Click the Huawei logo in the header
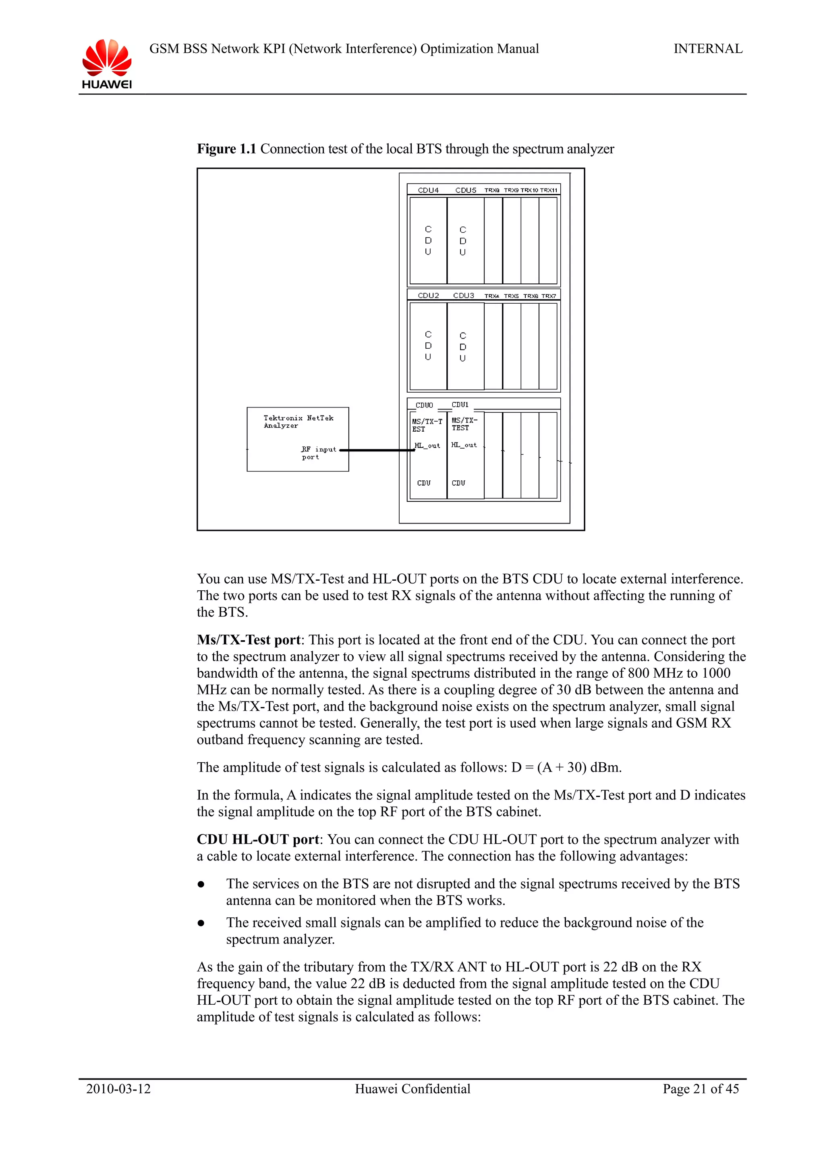tap(107, 64)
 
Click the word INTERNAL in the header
tap(708, 49)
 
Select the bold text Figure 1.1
tap(226, 149)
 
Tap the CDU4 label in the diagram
tap(428, 190)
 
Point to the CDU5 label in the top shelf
tap(466, 190)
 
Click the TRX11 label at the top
tap(549, 190)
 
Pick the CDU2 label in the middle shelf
tap(428, 295)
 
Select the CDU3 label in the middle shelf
tap(464, 295)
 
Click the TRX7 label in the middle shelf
tap(549, 296)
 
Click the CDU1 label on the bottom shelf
tap(460, 405)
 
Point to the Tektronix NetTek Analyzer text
tap(298, 421)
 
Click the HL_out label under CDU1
tap(464, 445)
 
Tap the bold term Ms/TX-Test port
tap(249, 640)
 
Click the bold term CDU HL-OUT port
tap(258, 839)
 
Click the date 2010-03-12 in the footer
tap(118, 1089)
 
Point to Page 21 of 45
tap(701, 1089)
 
